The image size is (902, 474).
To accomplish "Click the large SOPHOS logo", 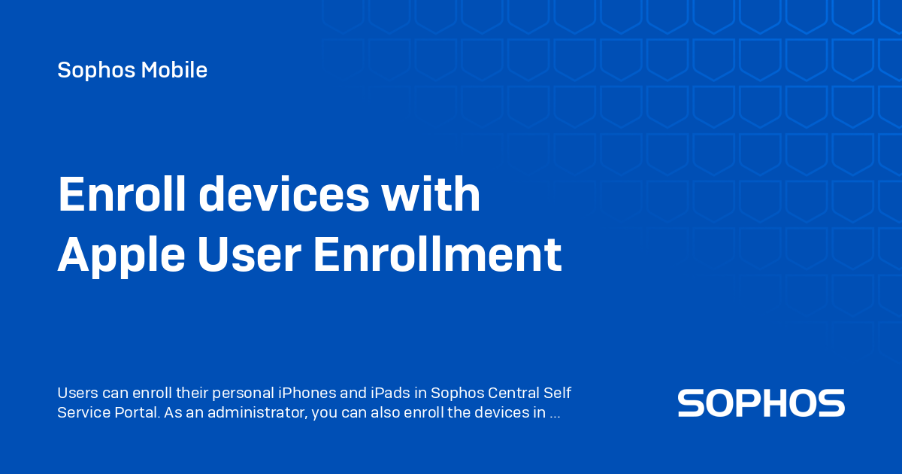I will (x=761, y=403).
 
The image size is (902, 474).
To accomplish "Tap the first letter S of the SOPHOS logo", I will (x=692, y=403).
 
